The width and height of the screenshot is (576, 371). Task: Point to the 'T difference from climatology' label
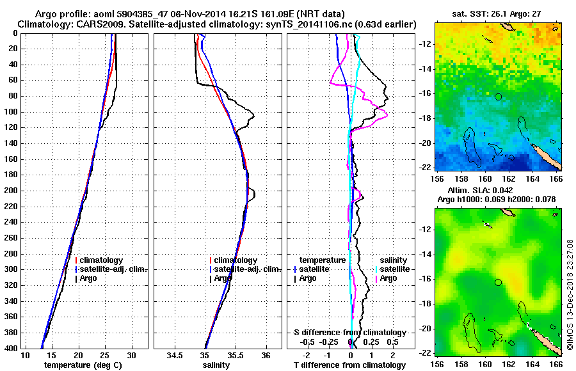tap(349, 365)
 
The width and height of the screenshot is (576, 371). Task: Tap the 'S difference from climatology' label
tap(350, 333)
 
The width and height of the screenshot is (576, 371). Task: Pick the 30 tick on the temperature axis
tap(132, 355)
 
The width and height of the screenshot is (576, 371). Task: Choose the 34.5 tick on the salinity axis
tap(175, 355)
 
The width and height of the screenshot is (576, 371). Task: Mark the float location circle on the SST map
tap(498, 97)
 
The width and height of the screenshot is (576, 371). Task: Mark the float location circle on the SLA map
tap(498, 282)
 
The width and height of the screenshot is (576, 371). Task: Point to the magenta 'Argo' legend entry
tap(388, 278)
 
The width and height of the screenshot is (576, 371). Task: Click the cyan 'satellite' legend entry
tap(395, 269)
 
